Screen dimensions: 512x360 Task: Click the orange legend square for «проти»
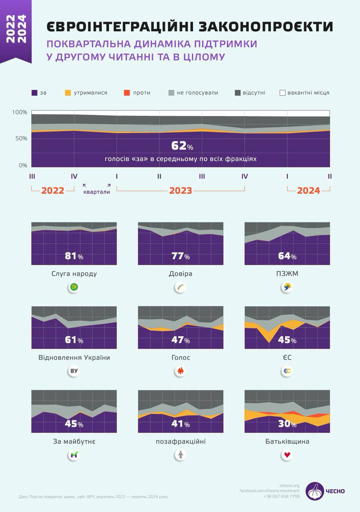point(127,93)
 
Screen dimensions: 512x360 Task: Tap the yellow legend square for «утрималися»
point(68,93)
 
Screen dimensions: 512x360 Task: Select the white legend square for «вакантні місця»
point(282,93)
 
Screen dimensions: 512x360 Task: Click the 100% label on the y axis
point(19,112)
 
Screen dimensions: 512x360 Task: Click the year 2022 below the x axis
point(53,191)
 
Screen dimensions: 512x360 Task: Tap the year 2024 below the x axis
point(308,191)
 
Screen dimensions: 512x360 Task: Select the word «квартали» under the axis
point(96,192)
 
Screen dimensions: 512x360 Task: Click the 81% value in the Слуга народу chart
point(74,256)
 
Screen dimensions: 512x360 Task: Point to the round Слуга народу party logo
point(74,287)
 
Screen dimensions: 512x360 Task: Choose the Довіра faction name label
point(180,274)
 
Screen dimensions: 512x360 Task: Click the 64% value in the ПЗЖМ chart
point(287,256)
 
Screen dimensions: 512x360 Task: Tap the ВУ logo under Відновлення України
point(74,371)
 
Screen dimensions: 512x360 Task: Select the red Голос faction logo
point(180,371)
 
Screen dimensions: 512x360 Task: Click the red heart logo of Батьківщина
point(287,455)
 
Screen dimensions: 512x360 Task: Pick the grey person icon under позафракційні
point(180,455)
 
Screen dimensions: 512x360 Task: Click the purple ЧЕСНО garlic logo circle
point(315,491)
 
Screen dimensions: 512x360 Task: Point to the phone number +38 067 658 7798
point(281,496)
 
